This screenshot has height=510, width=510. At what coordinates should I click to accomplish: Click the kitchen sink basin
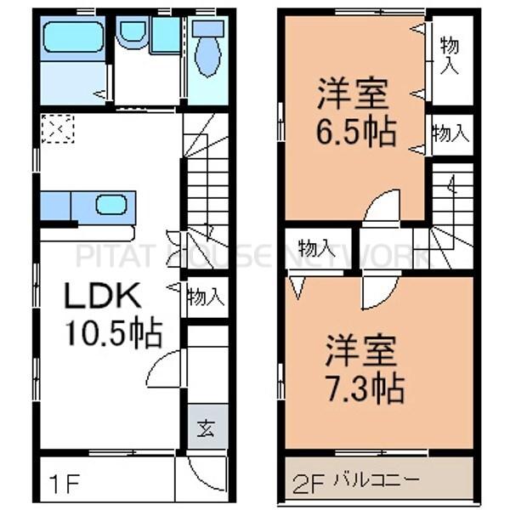click(x=110, y=204)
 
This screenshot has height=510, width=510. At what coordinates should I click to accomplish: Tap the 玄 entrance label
click(x=207, y=428)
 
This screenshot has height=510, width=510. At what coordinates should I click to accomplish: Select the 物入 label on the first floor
click(x=206, y=297)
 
